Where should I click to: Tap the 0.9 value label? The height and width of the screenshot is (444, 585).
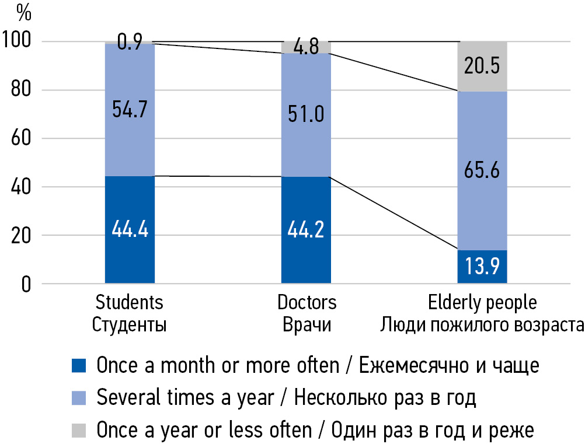tap(130, 43)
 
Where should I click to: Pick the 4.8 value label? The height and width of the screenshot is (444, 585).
tap(306, 46)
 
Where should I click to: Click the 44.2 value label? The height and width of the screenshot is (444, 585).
tap(306, 229)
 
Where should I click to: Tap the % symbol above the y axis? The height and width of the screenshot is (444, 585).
tap(24, 10)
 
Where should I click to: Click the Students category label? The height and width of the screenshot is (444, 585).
tap(129, 303)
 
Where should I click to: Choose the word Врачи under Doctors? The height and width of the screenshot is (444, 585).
tap(307, 324)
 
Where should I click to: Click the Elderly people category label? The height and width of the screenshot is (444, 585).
tap(482, 303)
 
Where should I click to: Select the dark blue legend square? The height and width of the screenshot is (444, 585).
tap(78, 366)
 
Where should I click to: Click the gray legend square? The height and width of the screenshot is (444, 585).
tap(78, 431)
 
